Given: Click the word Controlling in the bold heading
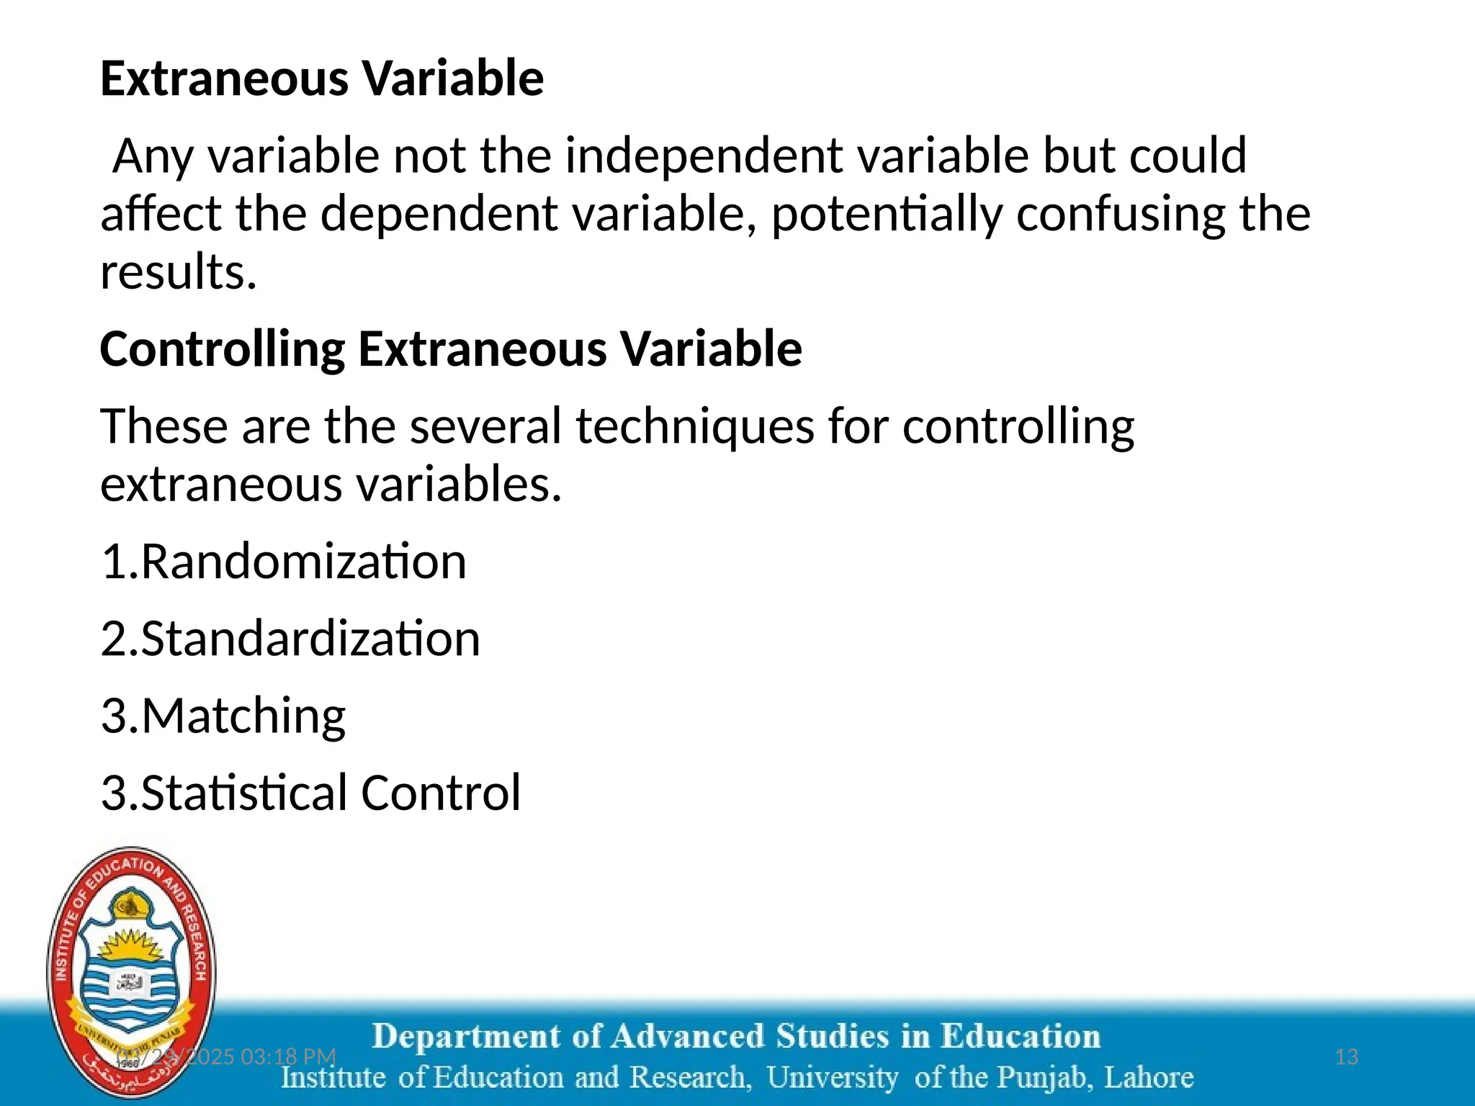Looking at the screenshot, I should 222,349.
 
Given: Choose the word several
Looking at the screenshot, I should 485,426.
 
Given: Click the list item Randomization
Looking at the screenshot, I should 303,562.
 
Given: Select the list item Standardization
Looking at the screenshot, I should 310,639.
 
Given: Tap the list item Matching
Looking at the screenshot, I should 243,716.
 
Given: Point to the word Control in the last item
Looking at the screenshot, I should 440,793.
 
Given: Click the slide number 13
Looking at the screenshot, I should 1346,1056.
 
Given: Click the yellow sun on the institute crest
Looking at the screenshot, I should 132,945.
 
